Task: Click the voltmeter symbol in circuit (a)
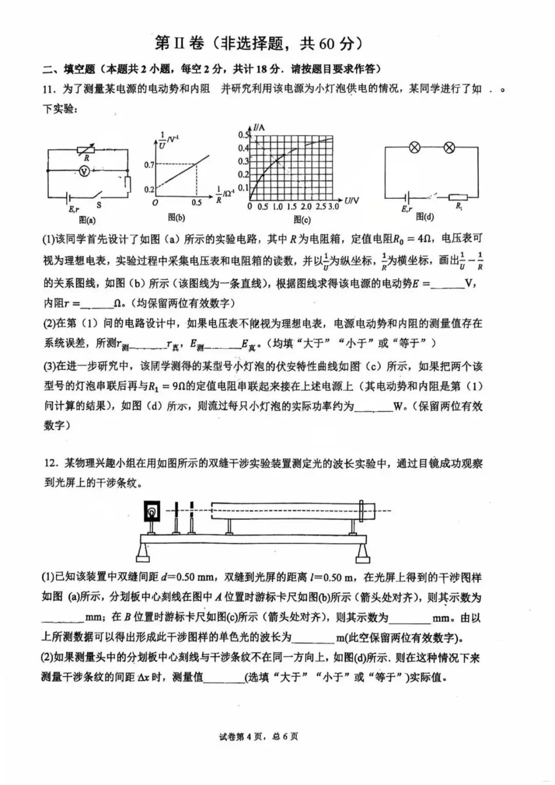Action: tap(85, 170)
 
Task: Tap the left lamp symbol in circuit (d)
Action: tap(414, 148)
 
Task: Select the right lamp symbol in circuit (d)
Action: tap(449, 148)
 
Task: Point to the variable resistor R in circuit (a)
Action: tap(86, 150)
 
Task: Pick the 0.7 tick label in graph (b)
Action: tap(149, 165)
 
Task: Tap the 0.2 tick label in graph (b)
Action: tap(149, 189)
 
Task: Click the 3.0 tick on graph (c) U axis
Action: tap(333, 206)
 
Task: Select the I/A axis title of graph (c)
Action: tap(260, 128)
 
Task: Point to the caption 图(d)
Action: tap(424, 217)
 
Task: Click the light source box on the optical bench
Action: tap(152, 511)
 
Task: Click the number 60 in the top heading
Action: tap(327, 43)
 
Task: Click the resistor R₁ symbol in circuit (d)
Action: tap(457, 197)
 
